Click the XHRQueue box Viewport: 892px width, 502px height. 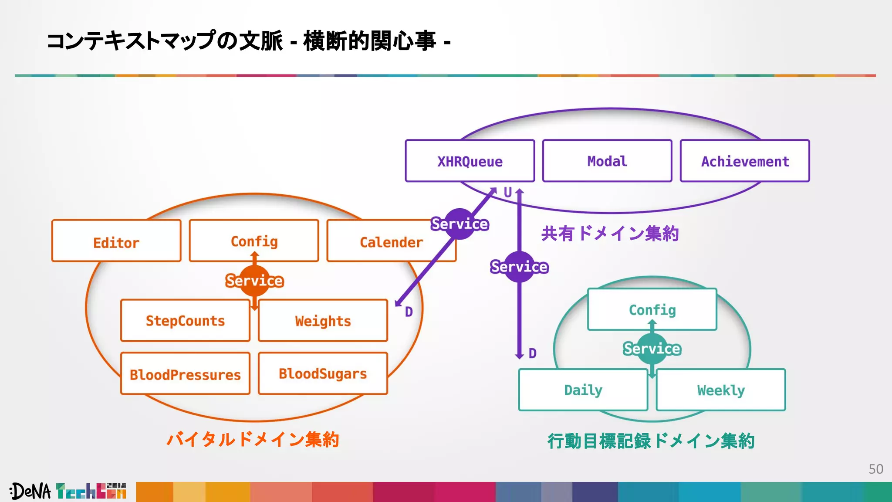tap(470, 161)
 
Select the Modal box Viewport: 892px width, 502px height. tap(607, 161)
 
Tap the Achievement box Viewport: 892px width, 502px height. tap(745, 161)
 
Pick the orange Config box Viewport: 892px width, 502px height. tap(254, 241)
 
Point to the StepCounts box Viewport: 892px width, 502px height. tap(185, 321)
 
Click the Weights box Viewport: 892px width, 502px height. tap(323, 321)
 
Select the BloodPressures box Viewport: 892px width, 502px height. tap(185, 374)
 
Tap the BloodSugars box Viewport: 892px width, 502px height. tap(323, 374)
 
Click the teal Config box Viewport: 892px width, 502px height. tap(652, 309)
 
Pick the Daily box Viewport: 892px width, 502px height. tap(583, 390)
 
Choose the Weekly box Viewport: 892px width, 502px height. tap(721, 390)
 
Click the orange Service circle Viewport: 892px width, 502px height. tap(255, 281)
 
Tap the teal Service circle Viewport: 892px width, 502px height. tap(652, 349)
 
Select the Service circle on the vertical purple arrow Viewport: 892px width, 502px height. tap(519, 267)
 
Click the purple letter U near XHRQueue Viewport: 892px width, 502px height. tap(508, 192)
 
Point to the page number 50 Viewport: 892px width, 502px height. tap(875, 469)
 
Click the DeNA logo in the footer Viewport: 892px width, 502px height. tap(30, 492)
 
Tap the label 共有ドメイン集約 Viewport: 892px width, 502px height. tap(610, 234)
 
